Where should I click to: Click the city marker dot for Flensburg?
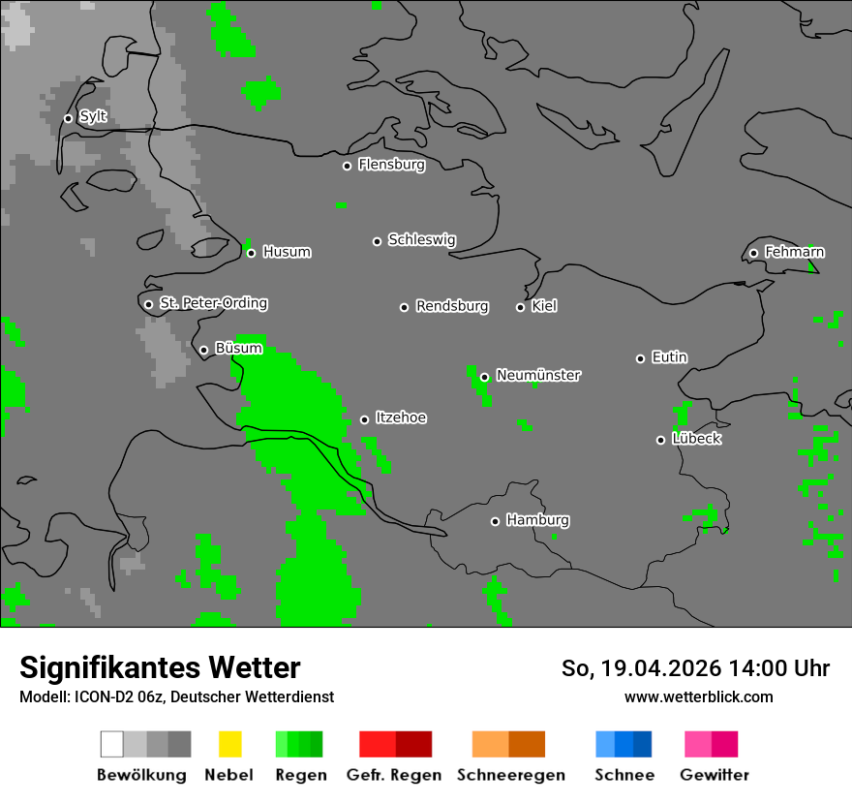[x=347, y=166]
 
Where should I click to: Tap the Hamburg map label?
[x=537, y=520]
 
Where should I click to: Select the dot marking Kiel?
[x=520, y=307]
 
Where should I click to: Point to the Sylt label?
[x=93, y=117]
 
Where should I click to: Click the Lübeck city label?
[x=696, y=439]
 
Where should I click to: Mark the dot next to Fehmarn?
[x=753, y=254]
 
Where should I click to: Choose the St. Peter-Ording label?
[x=213, y=303]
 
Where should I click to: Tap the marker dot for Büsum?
[x=203, y=351]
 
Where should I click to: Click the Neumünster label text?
[x=538, y=375]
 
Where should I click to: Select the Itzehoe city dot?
[x=364, y=419]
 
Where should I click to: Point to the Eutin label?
[x=669, y=357]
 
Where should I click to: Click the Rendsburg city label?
[x=452, y=306]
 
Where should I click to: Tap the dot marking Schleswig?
[x=377, y=241]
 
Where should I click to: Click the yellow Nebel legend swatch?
[x=229, y=744]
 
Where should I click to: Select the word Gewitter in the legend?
[x=715, y=775]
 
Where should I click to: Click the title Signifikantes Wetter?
[x=160, y=667]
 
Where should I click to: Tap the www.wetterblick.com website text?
[x=698, y=696]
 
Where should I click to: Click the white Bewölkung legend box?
[x=112, y=744]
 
